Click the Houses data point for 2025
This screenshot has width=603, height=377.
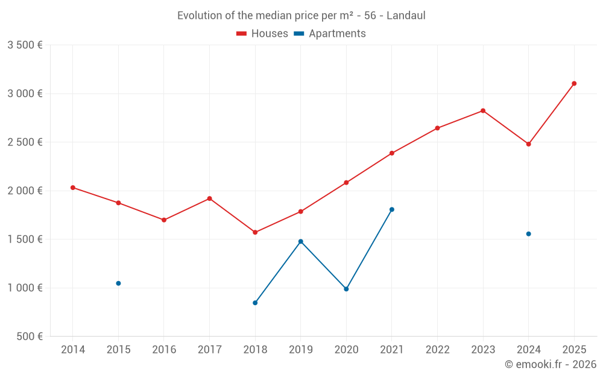pos(574,83)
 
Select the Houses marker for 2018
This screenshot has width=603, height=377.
pos(255,232)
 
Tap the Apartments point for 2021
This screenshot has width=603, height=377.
pos(392,209)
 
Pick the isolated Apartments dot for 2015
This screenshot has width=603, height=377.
pos(118,284)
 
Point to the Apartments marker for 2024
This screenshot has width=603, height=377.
pos(528,234)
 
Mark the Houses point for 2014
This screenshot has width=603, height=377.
pos(73,188)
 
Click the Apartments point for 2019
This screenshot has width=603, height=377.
pos(301,241)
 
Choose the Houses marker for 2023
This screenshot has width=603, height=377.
pos(483,110)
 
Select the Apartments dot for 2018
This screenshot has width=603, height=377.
pos(255,303)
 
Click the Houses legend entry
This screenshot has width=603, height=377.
pos(262,34)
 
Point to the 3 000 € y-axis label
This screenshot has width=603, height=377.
pos(25,93)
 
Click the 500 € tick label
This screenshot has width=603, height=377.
pos(30,337)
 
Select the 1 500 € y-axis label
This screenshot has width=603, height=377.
pos(25,239)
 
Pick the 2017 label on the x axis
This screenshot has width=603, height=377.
pos(209,350)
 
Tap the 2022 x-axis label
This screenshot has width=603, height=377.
pos(437,350)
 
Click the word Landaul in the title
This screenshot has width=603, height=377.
pos(406,16)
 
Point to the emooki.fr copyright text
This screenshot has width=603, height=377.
pos(550,364)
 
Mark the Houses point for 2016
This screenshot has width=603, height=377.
pos(164,220)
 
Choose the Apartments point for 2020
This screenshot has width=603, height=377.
pos(346,289)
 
